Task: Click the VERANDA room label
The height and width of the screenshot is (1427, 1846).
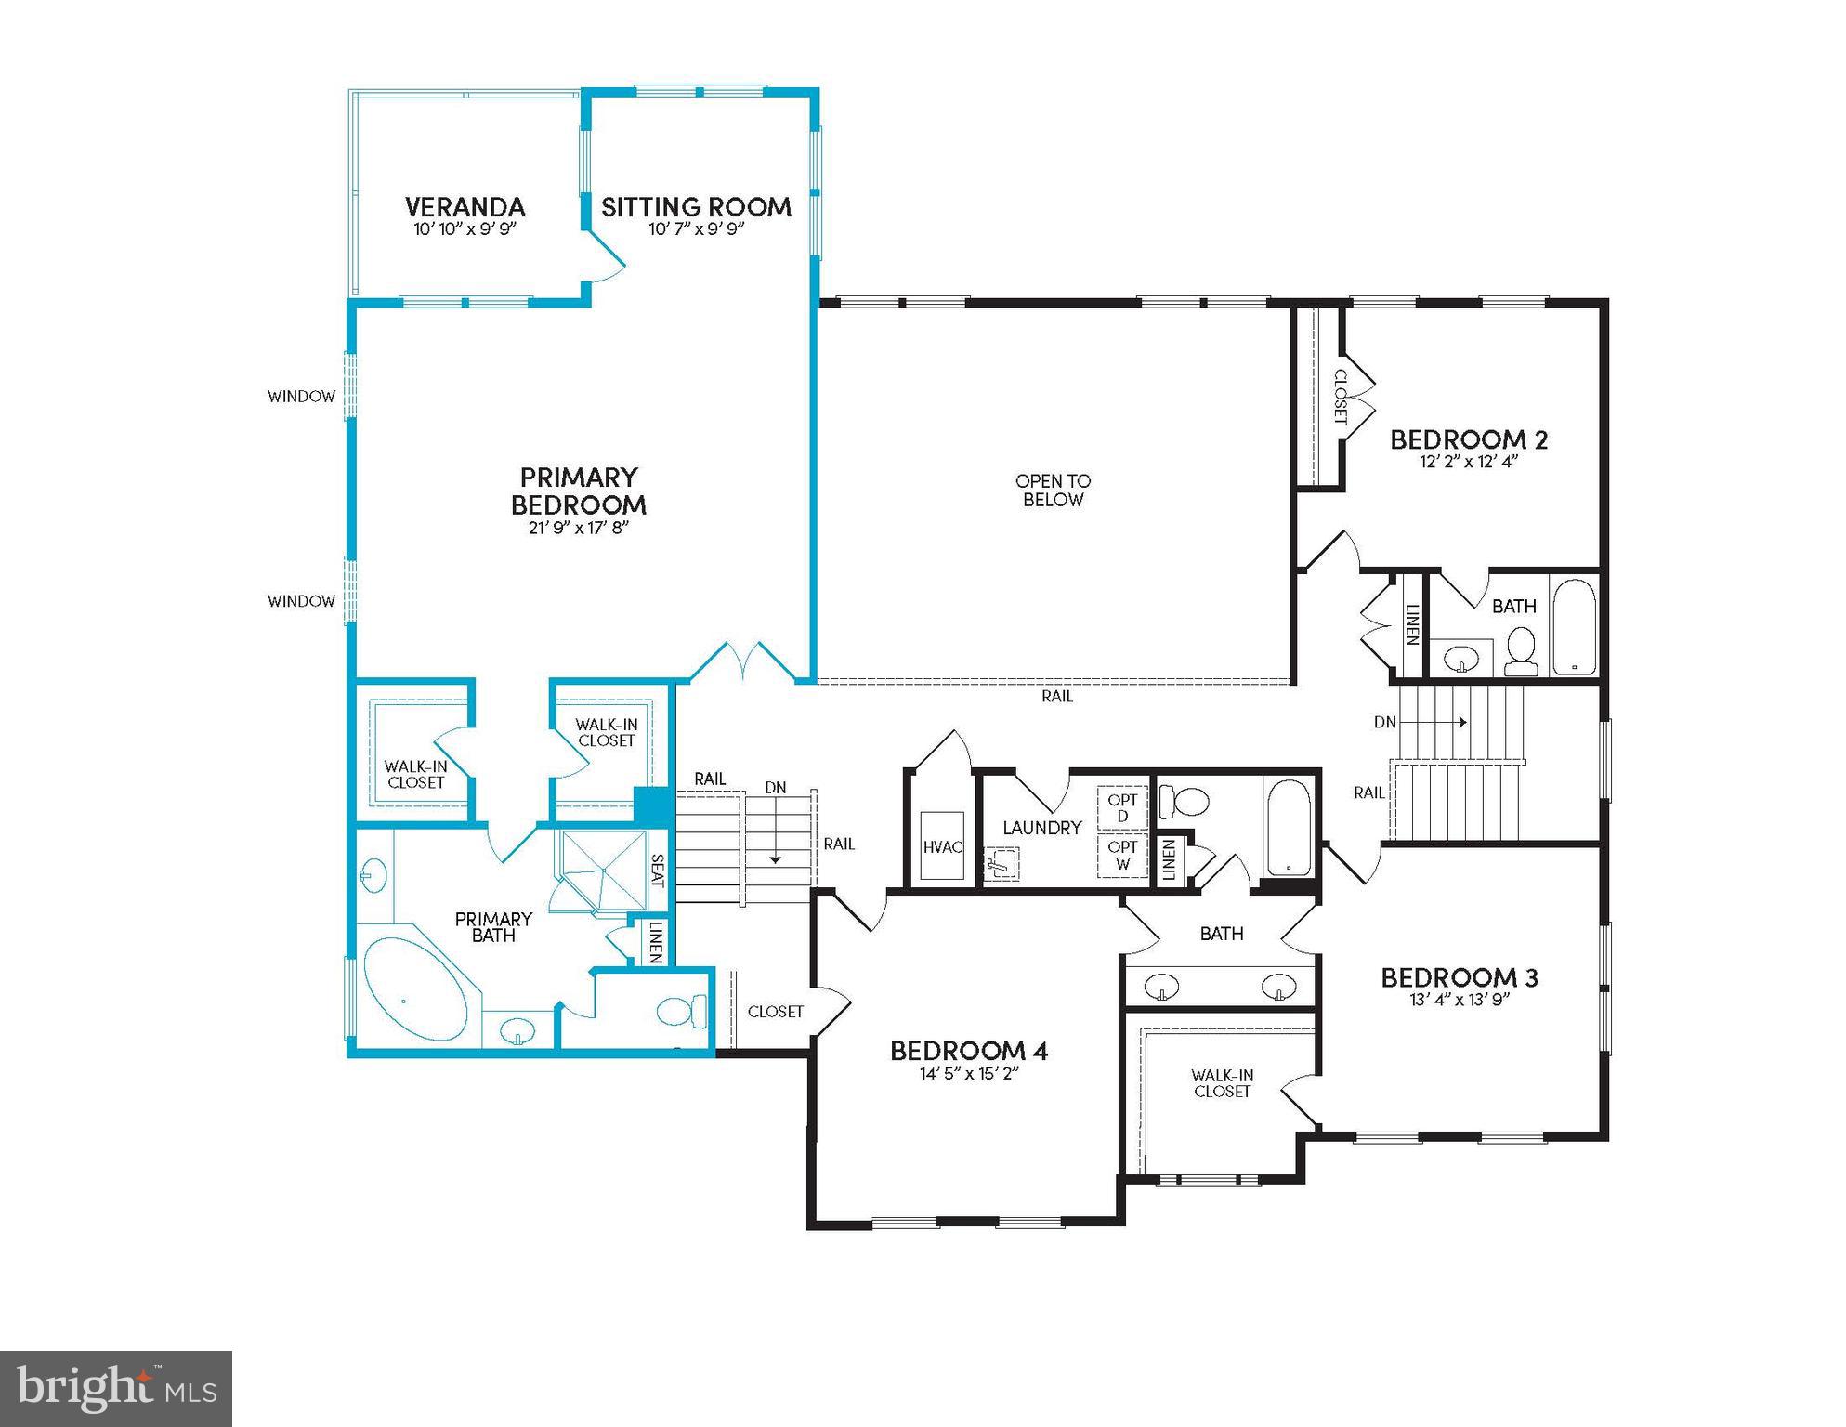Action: (465, 206)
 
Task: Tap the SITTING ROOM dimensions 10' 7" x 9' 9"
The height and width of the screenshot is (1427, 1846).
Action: (696, 229)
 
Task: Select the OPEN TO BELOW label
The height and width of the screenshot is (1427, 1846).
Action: (1053, 491)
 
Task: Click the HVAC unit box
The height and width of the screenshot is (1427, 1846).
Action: (942, 846)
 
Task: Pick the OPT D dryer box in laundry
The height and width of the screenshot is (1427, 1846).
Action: (1122, 808)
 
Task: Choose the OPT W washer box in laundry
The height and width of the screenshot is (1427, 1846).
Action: (1122, 856)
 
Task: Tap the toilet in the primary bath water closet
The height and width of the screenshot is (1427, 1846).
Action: (681, 1010)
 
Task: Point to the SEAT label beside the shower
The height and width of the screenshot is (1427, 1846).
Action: (658, 871)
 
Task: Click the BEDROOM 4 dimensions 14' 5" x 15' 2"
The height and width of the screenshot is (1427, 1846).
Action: (969, 1074)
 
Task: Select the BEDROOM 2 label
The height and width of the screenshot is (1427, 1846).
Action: (1469, 439)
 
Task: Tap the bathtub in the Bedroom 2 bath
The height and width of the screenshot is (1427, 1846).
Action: (1573, 627)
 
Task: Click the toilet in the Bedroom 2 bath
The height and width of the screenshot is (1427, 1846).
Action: (1521, 649)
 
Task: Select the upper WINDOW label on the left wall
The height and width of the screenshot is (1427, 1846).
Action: (301, 397)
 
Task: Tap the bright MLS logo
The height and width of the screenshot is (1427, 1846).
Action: (116, 1388)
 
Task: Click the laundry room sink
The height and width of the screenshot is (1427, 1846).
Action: (1000, 864)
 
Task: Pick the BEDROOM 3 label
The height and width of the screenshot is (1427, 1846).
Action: (1459, 977)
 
